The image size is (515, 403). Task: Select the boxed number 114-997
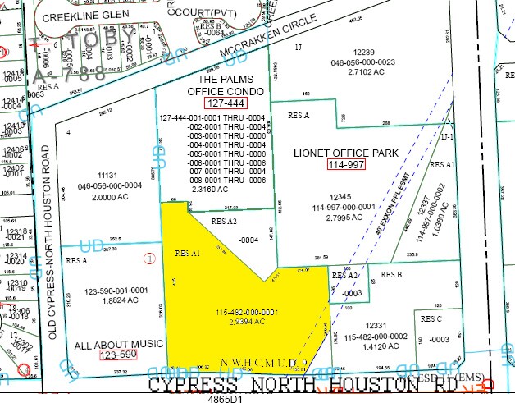pos(345,165)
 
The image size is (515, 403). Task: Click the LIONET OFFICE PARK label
pos(345,152)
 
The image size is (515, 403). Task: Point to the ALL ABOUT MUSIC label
pos(118,343)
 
